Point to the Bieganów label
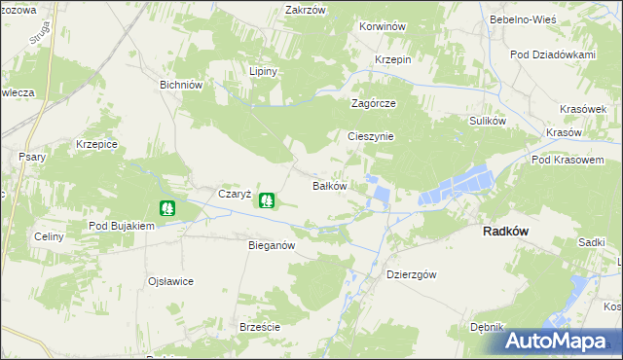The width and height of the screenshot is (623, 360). (272, 246)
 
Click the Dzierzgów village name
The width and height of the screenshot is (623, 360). (414, 274)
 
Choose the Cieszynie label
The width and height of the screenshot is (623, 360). (371, 136)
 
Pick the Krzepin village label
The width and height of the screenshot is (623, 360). (394, 59)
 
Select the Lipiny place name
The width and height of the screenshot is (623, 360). (264, 72)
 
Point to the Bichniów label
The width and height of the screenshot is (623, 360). (180, 85)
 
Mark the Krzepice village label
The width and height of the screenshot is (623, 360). (96, 144)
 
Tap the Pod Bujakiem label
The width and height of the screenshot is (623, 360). (122, 226)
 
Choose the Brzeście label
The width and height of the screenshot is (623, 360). (260, 327)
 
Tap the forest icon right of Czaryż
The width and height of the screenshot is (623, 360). (266, 200)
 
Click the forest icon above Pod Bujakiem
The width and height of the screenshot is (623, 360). (166, 207)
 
